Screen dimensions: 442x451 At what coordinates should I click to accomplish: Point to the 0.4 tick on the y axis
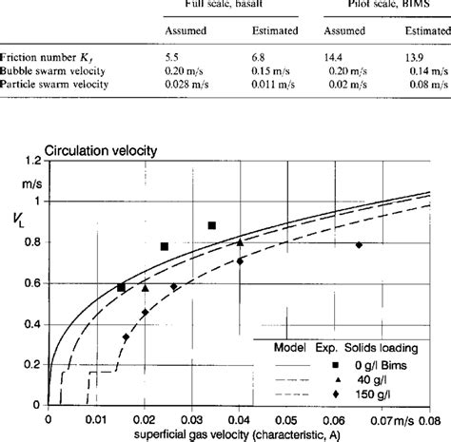tap(32, 325)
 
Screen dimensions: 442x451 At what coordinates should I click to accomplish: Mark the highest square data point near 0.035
tap(211, 225)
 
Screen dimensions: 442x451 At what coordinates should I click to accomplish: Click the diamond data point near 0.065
tap(359, 245)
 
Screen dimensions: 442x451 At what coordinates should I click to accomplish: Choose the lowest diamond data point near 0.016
tap(126, 336)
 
